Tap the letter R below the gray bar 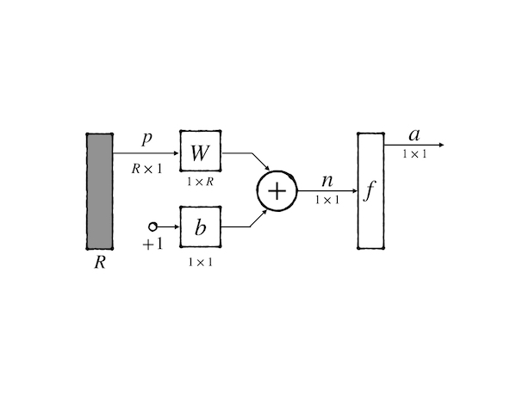[x=100, y=263]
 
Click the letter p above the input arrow [x=147, y=138]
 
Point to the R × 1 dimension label [x=147, y=169]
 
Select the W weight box [x=200, y=153]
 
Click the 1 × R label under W [x=200, y=183]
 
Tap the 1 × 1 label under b [x=200, y=261]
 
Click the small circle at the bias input [x=153, y=226]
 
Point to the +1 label [x=152, y=244]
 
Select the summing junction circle [x=276, y=190]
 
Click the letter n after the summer [x=327, y=182]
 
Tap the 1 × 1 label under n [x=327, y=200]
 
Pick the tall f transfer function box [x=370, y=190]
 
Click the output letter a [x=414, y=135]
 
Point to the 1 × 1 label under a [x=414, y=154]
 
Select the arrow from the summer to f [x=327, y=191]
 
